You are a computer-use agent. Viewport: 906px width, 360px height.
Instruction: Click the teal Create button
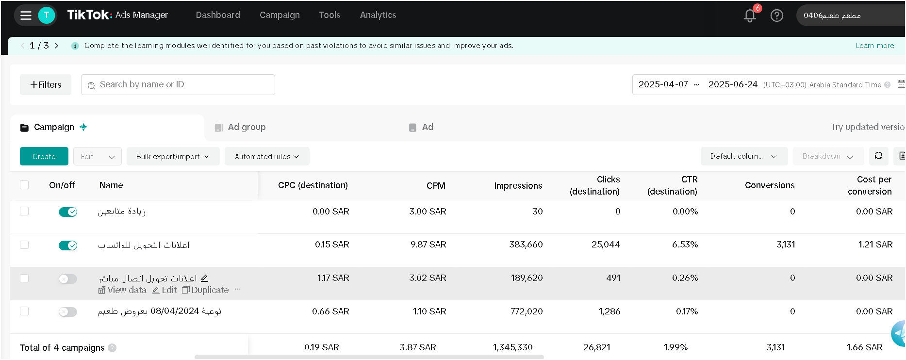click(44, 156)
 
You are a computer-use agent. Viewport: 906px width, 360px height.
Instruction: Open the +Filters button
click(46, 84)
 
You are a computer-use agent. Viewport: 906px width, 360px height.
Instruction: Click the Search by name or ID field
click(178, 84)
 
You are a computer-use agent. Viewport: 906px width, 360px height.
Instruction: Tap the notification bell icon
click(750, 16)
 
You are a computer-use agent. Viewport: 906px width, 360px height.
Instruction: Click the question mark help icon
click(777, 16)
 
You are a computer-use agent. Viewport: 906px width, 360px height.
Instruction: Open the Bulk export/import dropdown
click(173, 156)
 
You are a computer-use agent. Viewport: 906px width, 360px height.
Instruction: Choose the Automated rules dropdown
click(267, 156)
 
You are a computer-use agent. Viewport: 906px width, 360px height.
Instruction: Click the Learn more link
click(874, 46)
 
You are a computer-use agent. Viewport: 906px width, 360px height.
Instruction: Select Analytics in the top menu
click(378, 15)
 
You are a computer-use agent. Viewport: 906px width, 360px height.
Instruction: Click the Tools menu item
click(329, 15)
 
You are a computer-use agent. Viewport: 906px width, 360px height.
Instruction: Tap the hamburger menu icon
click(26, 16)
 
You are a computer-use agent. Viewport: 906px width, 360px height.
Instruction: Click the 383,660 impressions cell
click(526, 245)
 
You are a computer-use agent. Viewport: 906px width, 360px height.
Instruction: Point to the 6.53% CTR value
click(685, 245)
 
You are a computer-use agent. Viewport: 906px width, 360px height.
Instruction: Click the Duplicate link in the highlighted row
click(205, 290)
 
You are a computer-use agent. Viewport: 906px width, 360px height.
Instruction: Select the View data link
click(122, 290)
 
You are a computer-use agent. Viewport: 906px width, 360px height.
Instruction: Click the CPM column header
click(436, 185)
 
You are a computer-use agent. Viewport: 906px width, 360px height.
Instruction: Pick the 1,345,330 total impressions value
click(513, 347)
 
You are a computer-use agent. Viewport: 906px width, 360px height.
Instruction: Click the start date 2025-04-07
click(663, 84)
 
